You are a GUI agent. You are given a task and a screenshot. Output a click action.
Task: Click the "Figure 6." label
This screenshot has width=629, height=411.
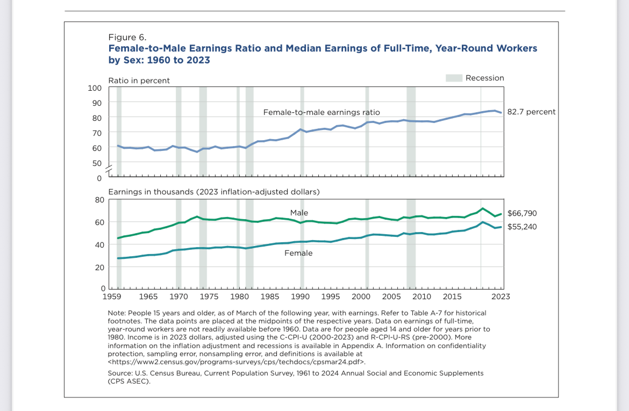click(127, 37)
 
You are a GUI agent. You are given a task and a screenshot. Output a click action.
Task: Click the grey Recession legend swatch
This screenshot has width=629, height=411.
click(454, 78)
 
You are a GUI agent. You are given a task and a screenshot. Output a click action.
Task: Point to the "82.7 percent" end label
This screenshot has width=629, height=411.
click(531, 112)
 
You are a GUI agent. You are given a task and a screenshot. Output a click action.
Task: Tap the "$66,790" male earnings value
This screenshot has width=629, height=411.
click(522, 213)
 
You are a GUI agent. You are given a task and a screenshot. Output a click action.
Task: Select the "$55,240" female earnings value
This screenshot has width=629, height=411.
click(522, 227)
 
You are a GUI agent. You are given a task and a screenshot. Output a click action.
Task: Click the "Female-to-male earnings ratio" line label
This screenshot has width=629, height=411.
click(321, 112)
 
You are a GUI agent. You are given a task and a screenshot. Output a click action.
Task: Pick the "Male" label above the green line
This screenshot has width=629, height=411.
click(299, 213)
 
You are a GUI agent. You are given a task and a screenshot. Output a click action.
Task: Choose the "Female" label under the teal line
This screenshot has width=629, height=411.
click(298, 253)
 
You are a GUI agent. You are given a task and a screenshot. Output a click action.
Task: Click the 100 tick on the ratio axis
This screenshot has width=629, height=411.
click(95, 88)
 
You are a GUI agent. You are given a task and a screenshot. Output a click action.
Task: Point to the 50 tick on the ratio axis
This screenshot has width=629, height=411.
click(97, 163)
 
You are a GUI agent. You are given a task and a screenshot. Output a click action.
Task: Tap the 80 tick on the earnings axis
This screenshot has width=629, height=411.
click(99, 200)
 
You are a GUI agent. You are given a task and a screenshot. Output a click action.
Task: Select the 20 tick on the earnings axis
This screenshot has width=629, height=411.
click(99, 267)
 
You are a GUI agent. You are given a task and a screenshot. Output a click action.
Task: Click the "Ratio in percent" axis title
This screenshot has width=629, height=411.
click(139, 81)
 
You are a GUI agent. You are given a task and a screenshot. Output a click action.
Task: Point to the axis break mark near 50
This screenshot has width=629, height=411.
click(109, 169)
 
